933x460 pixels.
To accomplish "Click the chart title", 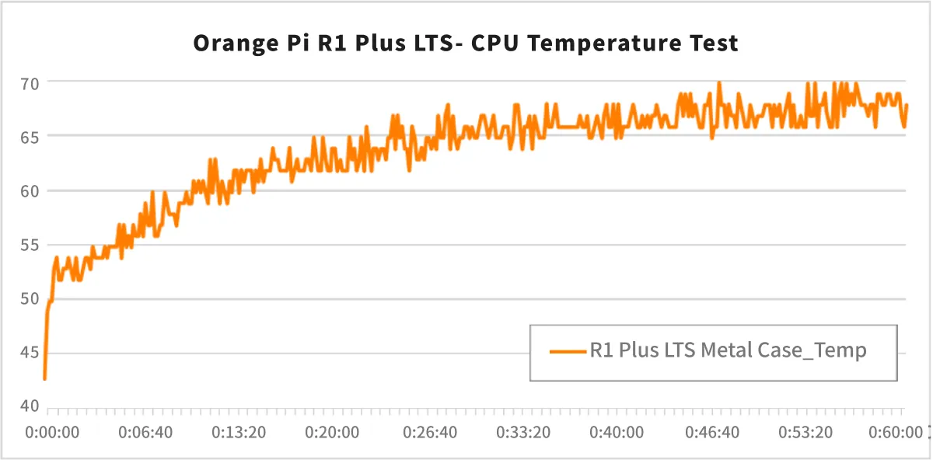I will point(465,43).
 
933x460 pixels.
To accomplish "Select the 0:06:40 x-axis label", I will point(145,432).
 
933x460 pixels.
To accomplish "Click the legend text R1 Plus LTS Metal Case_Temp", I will point(728,350).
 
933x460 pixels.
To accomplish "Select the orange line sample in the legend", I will point(568,351).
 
